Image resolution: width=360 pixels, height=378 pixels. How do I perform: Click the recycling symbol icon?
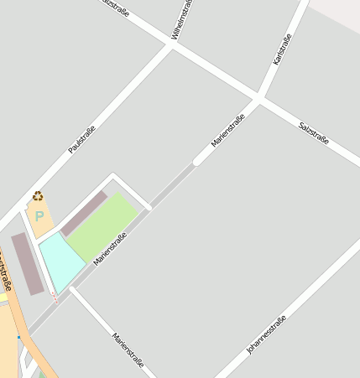pos(38,196)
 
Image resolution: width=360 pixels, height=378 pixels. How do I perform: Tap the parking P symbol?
pos(39,215)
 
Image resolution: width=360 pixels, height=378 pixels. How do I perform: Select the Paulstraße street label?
pos(81,139)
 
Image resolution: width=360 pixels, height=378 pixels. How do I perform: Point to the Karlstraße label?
pos(282,50)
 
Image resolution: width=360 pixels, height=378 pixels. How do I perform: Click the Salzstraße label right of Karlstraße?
pos(314,132)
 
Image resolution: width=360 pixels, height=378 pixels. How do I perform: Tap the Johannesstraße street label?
pos(267,335)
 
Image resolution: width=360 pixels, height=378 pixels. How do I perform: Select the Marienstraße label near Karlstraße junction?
pos(227,132)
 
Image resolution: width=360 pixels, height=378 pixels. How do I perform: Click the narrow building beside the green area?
pos(83,214)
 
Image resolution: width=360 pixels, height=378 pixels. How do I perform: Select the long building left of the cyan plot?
pos(27,263)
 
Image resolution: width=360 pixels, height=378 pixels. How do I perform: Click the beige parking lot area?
pos(40,220)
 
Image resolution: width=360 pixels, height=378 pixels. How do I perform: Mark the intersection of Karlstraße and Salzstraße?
pos(260,98)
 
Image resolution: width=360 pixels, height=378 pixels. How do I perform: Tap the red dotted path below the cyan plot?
pos(55,298)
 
